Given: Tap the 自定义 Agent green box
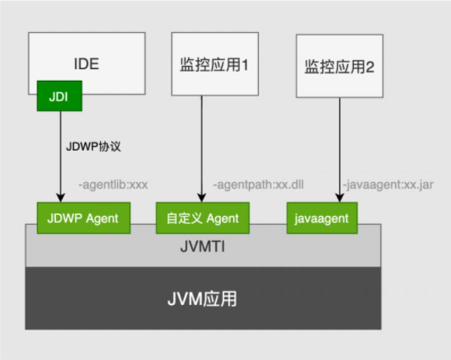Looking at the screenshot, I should (203, 218).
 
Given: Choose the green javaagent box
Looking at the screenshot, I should (322, 218).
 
